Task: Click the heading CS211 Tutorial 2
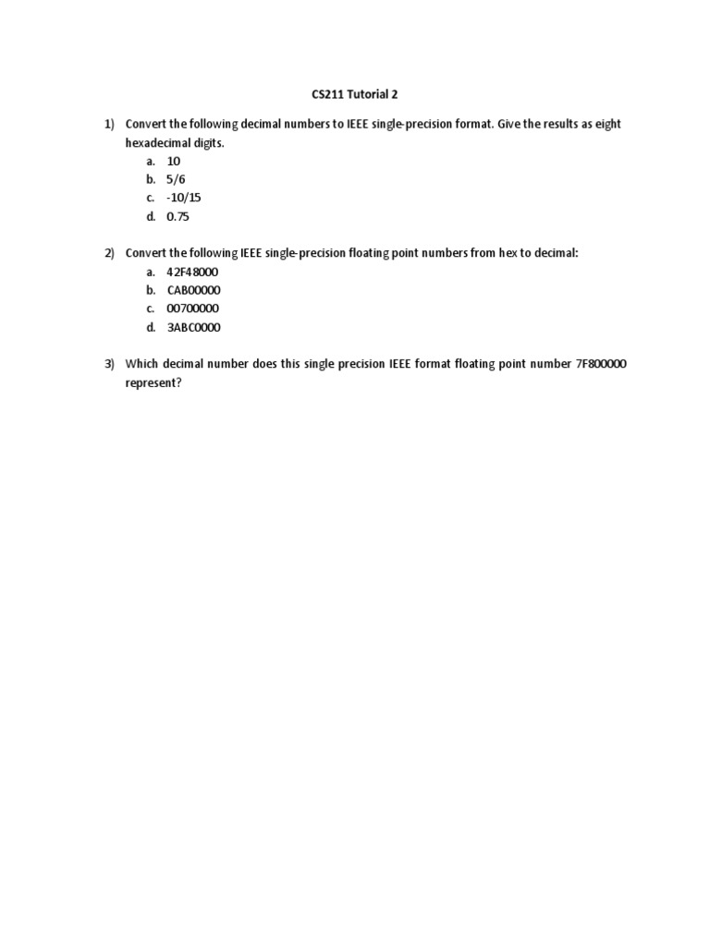355,94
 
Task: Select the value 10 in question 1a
174,161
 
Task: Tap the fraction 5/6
176,179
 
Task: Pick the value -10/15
183,198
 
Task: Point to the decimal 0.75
178,216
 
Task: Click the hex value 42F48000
192,272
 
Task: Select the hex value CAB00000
193,290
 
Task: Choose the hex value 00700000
192,309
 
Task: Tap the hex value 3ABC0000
193,327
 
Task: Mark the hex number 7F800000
601,364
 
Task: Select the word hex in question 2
509,253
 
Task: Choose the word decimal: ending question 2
557,253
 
